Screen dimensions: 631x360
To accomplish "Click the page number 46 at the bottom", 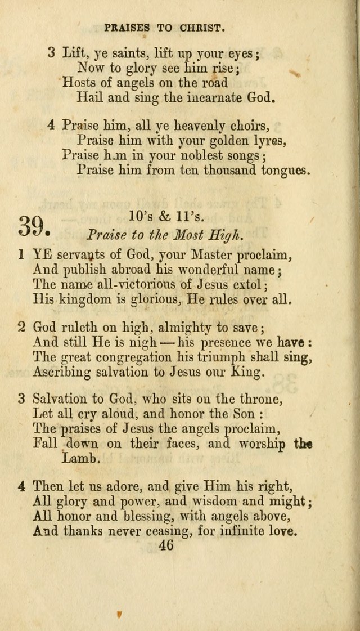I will click(166, 545).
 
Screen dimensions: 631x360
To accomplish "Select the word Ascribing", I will click(61, 372).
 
